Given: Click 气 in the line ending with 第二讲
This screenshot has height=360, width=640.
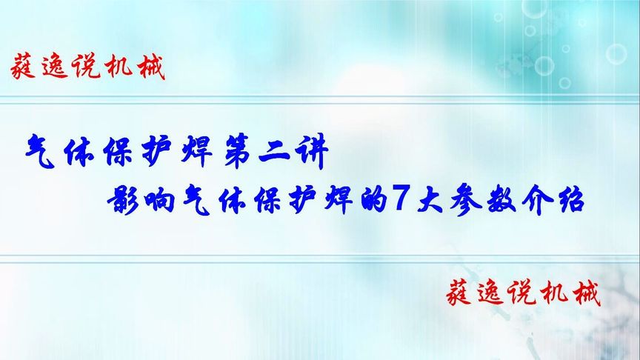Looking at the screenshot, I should pyautogui.click(x=36, y=151).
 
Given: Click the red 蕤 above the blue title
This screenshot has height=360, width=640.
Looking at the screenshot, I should pyautogui.click(x=27, y=68).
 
